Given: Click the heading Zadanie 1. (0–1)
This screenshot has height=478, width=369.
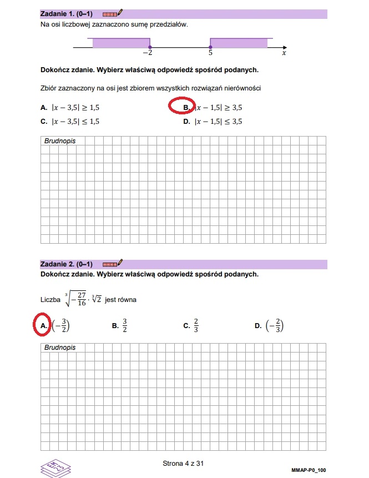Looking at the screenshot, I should pos(66,13).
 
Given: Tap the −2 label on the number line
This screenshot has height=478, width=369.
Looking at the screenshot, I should pos(148,53).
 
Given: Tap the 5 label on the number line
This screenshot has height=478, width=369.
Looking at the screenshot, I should pos(210,53).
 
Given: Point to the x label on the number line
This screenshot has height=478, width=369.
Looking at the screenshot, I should pos(284,53).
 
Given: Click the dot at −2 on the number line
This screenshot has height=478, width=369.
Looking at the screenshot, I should pos(150,47).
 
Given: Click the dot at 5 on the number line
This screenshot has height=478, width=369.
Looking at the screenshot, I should pos(210,47).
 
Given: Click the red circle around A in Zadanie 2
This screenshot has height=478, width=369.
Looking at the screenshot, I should pos(43,326).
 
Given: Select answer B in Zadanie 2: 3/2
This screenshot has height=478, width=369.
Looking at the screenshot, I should pos(120,326).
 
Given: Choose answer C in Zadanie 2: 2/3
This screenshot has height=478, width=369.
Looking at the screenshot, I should pos(191,326).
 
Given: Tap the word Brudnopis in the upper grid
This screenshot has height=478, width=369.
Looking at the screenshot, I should pos(59,141).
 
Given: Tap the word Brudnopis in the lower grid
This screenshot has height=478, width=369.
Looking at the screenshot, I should pos(59,348).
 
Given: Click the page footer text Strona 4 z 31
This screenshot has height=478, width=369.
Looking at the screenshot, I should pos(184,462).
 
